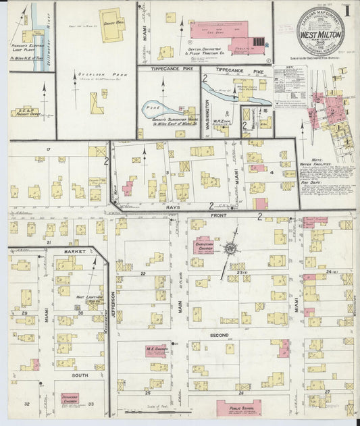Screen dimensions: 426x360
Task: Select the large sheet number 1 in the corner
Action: (x=347, y=11)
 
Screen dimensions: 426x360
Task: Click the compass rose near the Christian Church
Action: (x=231, y=249)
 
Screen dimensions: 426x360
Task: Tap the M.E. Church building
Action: (x=157, y=349)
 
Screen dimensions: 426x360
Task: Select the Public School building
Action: (x=238, y=407)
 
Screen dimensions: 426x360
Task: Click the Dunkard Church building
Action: (x=71, y=399)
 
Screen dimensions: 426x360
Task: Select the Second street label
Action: (x=219, y=335)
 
